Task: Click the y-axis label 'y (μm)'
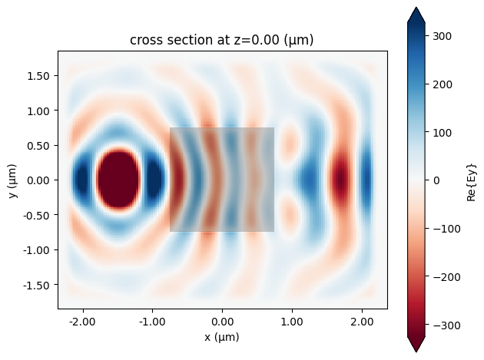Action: point(15,180)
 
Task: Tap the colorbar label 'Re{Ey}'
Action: point(472,180)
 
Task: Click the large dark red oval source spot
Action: point(118,180)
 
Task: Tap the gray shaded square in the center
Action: point(222,180)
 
